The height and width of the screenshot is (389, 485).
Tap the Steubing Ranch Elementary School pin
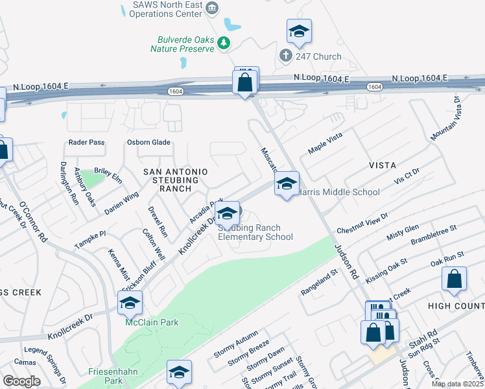[x=227, y=213]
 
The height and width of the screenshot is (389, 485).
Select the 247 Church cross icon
[x=285, y=56]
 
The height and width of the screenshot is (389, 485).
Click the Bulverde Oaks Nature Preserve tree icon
[x=224, y=43]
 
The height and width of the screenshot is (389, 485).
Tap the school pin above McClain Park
[x=130, y=303]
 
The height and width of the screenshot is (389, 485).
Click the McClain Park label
[x=152, y=322]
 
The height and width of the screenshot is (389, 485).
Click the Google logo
[x=21, y=381]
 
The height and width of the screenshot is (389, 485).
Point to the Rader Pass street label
[x=87, y=143]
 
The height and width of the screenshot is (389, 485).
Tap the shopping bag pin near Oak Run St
[x=455, y=279]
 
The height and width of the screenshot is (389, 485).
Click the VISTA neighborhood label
[x=383, y=166]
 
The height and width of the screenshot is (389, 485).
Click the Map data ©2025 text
[x=457, y=384]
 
